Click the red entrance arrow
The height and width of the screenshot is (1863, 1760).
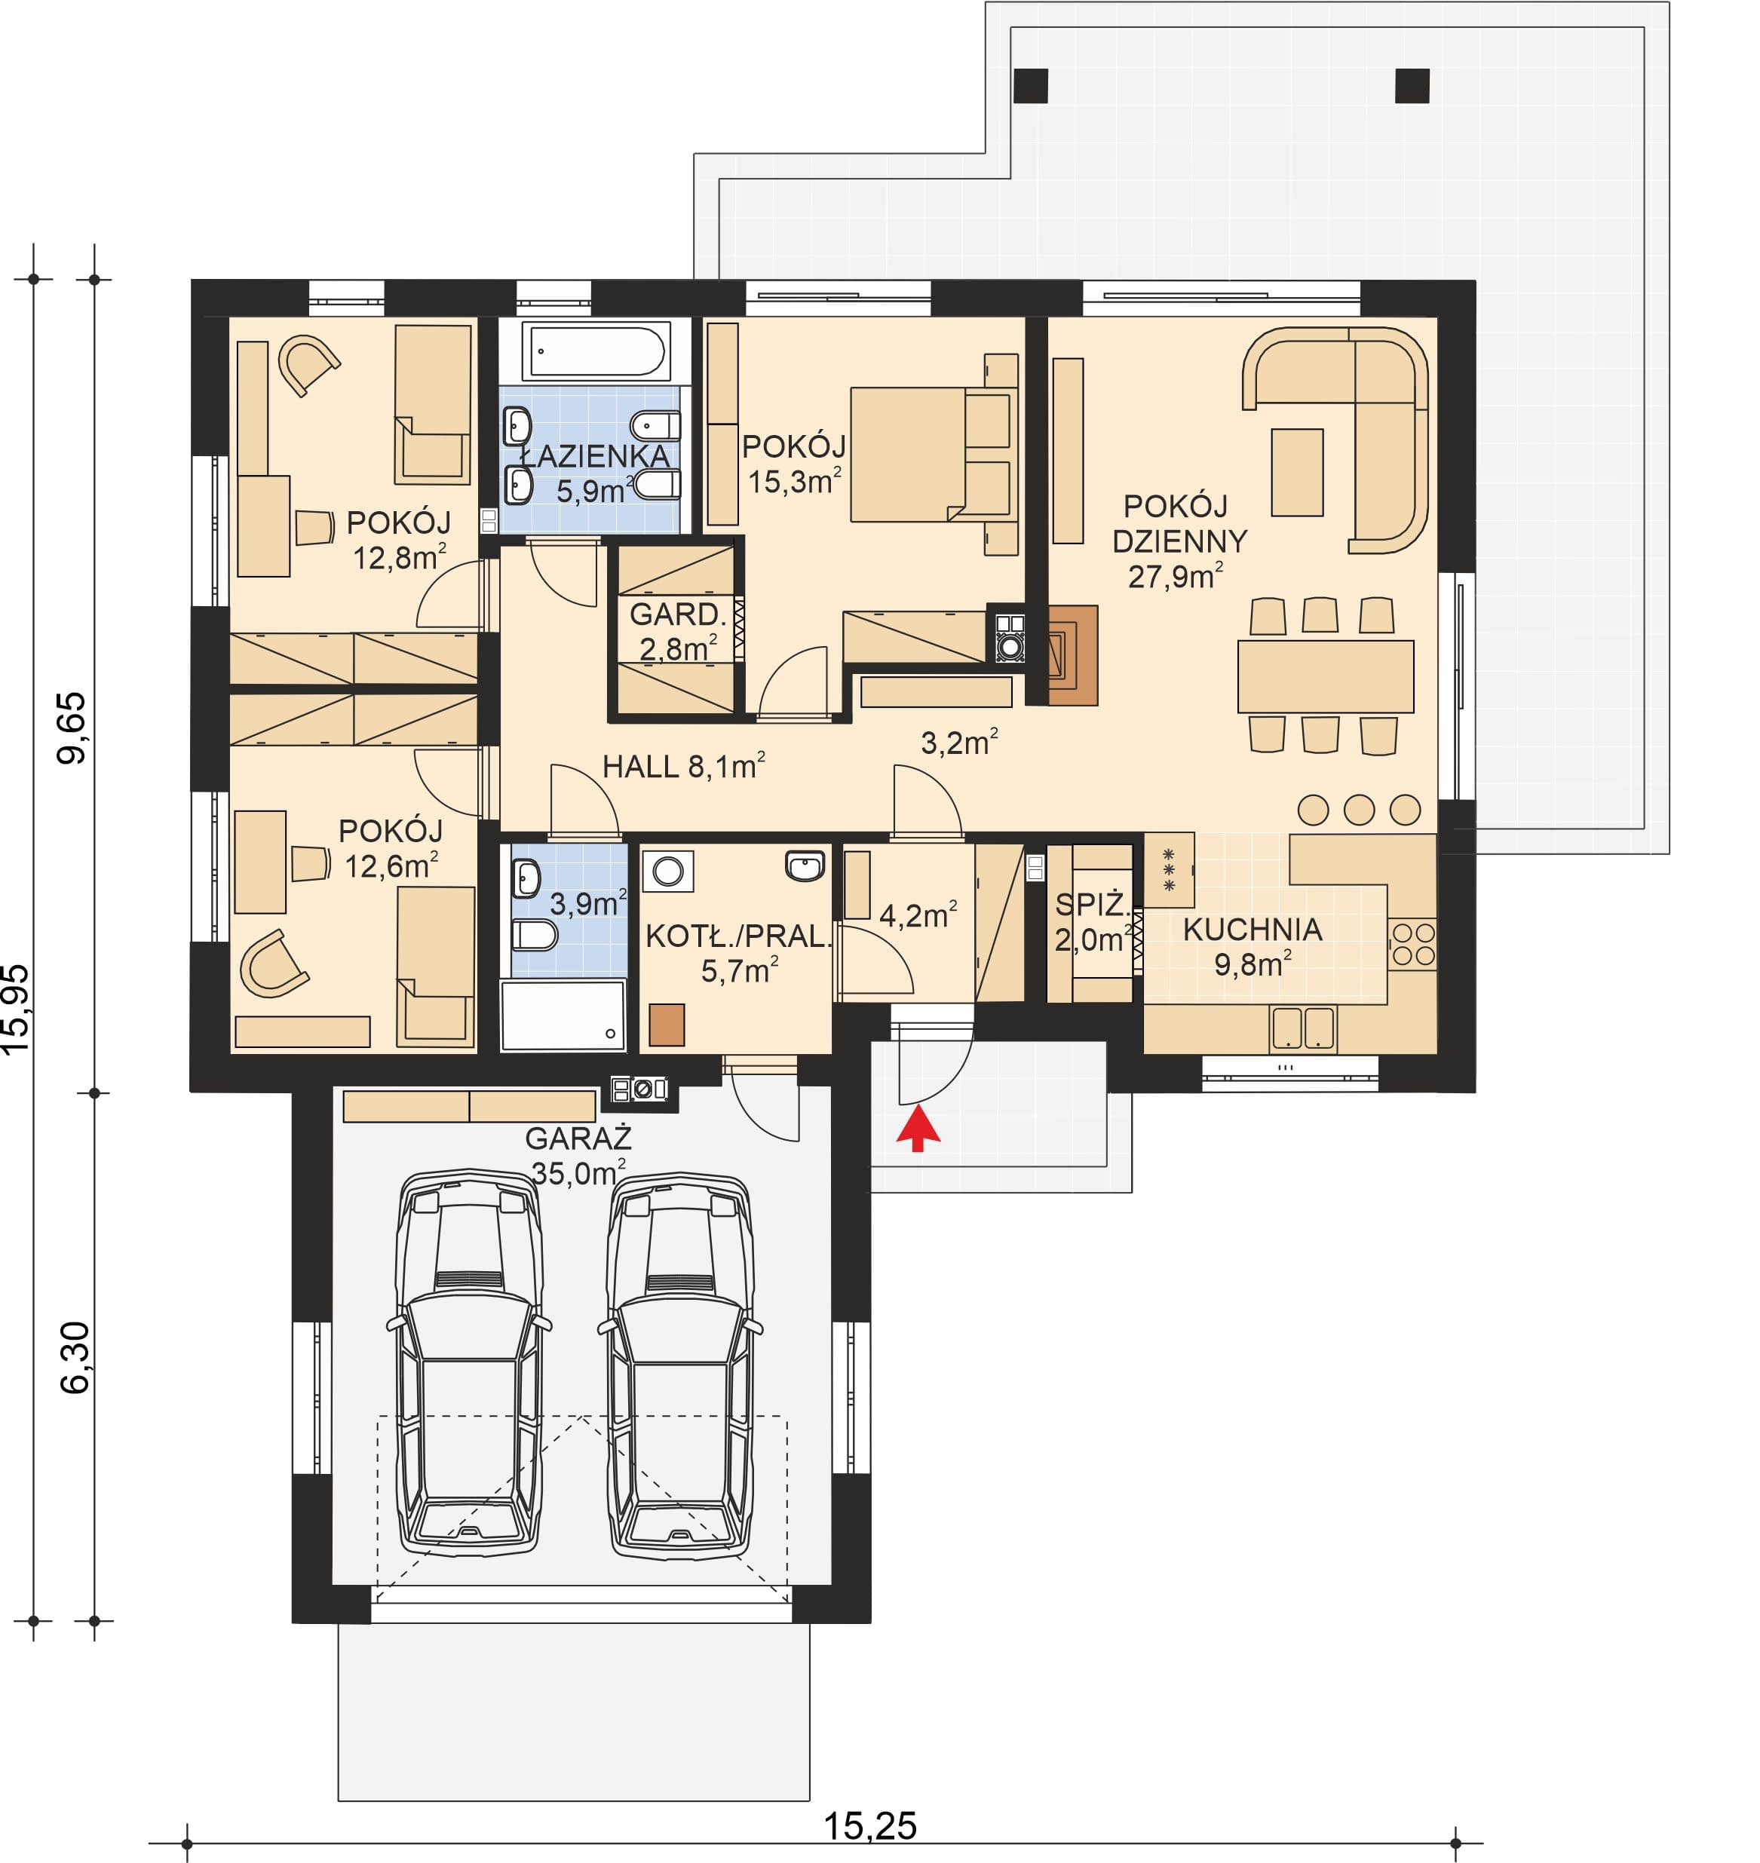[x=918, y=1128]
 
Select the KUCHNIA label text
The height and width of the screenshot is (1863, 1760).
[x=1253, y=929]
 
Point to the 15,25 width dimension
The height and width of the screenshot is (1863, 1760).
[x=869, y=1826]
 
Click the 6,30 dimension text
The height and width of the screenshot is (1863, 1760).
[x=75, y=1357]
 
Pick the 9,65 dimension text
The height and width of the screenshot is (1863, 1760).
[x=72, y=728]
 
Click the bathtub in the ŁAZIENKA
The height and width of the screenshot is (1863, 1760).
[x=596, y=351]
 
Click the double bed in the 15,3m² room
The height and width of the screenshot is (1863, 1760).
[x=934, y=455]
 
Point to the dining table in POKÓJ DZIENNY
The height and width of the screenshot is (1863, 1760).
[x=1325, y=676]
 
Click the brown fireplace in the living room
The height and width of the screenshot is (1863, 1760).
[x=1072, y=654]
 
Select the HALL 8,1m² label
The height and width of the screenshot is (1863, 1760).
[x=683, y=767]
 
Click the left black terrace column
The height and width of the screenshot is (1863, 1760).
[x=1031, y=85]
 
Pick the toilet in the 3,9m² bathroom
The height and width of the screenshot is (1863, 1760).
[x=534, y=934]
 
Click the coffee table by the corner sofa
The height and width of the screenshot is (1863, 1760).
[x=1296, y=473]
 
